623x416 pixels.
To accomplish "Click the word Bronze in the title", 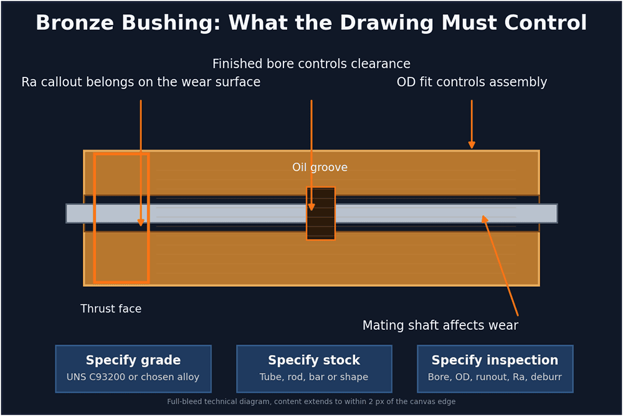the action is [75, 22].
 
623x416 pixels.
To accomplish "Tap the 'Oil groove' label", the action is [320, 167].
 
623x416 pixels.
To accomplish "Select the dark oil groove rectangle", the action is [321, 213].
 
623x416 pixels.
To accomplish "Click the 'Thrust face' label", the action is [111, 309].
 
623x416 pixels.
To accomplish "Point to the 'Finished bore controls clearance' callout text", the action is [311, 64].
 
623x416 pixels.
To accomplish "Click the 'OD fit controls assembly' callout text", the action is [472, 82].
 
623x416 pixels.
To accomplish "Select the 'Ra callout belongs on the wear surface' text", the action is [141, 82].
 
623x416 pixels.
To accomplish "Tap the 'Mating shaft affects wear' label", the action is [440, 326].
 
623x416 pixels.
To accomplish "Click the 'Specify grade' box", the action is [133, 369].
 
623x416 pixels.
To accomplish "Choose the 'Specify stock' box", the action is [314, 369].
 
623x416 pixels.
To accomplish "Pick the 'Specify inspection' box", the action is [495, 369].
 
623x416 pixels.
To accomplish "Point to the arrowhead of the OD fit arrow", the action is [472, 145].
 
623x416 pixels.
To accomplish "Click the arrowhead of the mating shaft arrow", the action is [484, 219].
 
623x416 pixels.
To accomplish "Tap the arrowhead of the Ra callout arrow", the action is [141, 222].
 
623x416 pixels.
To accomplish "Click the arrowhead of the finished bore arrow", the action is [311, 207].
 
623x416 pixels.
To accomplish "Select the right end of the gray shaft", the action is [557, 213].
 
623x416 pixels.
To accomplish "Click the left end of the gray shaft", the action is [67, 213].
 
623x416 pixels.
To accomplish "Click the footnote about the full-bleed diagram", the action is [311, 402].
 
